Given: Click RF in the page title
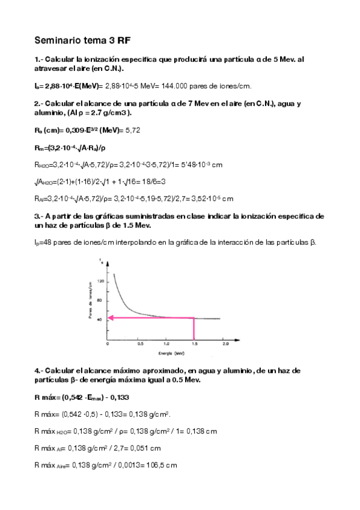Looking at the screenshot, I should [124, 41].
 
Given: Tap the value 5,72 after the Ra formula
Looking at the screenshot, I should [132, 129].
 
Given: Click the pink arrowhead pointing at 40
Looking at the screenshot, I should [111, 318].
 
